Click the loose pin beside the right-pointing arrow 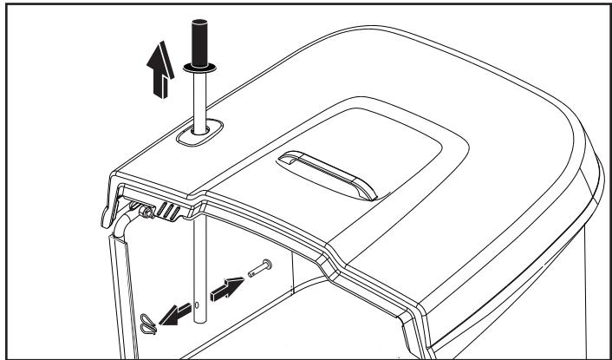[257, 268]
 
